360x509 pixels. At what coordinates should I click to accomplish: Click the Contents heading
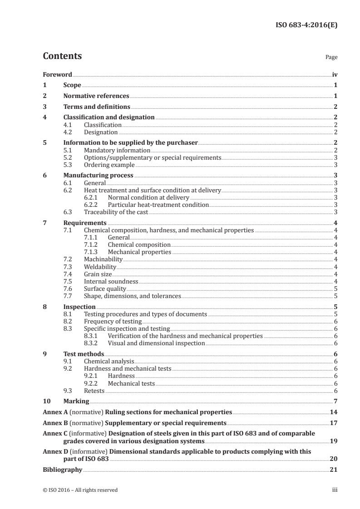62,57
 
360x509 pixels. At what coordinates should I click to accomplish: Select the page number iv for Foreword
334,74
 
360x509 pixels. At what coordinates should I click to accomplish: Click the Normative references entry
96,96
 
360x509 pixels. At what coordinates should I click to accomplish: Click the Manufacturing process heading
99,176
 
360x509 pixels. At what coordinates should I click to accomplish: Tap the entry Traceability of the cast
116,212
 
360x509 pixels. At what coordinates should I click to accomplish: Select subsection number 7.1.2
92,245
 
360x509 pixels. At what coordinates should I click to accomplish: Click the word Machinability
103,259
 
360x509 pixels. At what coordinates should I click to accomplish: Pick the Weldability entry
100,267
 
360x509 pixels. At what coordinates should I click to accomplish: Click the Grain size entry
97,274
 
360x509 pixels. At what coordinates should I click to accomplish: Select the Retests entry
94,391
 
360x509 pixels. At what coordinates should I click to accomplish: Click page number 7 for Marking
335,401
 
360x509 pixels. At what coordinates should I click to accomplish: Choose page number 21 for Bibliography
333,470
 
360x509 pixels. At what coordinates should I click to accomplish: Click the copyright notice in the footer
80,490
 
